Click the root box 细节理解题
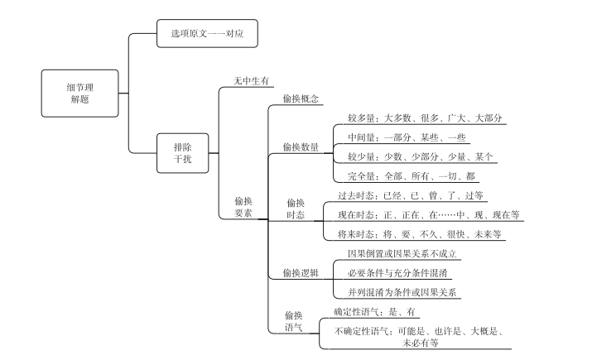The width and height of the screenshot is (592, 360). [x=79, y=94]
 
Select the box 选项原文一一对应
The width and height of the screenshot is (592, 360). [x=207, y=34]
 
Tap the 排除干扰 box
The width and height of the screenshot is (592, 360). [x=183, y=153]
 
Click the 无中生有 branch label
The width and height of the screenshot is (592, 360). [x=251, y=81]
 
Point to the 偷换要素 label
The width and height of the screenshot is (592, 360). [x=243, y=207]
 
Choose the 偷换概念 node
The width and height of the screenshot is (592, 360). [x=301, y=98]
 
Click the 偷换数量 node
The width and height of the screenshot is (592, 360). [x=301, y=147]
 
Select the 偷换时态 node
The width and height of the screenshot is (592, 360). [x=296, y=209]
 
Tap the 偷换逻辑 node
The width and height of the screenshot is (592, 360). [x=301, y=273]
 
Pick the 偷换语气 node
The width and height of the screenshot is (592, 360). [x=294, y=321]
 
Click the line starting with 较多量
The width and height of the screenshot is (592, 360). [x=425, y=118]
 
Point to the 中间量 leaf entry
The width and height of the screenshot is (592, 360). [x=407, y=137]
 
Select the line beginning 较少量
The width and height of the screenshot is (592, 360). [x=421, y=157]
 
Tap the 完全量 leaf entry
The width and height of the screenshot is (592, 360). [x=412, y=176]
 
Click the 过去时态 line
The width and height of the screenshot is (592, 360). [x=411, y=195]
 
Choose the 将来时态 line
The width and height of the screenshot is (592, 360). [x=420, y=234]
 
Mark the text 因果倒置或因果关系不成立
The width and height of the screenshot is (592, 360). [x=402, y=253]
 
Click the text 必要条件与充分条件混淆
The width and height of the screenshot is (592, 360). [x=397, y=273]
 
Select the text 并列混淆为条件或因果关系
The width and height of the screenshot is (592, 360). [x=402, y=292]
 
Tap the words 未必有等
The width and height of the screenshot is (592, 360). [x=421, y=343]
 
